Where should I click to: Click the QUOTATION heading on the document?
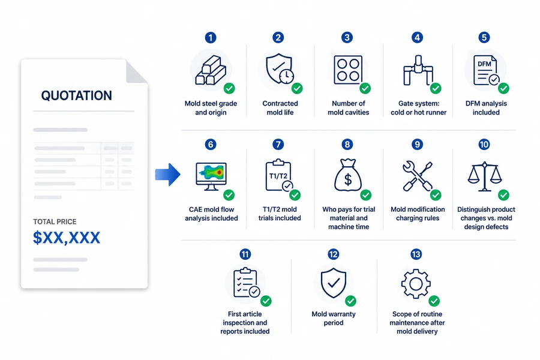click(76, 95)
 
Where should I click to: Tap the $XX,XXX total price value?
click(67, 238)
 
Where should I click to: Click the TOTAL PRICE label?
click(55, 221)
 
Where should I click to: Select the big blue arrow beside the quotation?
click(168, 175)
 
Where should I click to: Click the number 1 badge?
click(211, 37)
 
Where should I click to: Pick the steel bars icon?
click(211, 71)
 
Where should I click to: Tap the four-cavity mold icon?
click(348, 70)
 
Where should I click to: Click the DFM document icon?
click(485, 70)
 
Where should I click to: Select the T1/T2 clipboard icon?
click(279, 175)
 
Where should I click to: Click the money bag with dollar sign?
click(348, 175)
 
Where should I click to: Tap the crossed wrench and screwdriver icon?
click(417, 176)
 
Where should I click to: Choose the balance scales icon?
click(485, 176)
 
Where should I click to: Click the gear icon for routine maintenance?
click(416, 284)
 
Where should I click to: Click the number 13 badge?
click(416, 254)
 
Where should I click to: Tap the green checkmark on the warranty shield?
click(350, 301)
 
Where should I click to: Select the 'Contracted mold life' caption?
click(280, 108)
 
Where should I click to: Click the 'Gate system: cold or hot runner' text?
click(418, 108)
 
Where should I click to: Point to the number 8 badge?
click(347, 144)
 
